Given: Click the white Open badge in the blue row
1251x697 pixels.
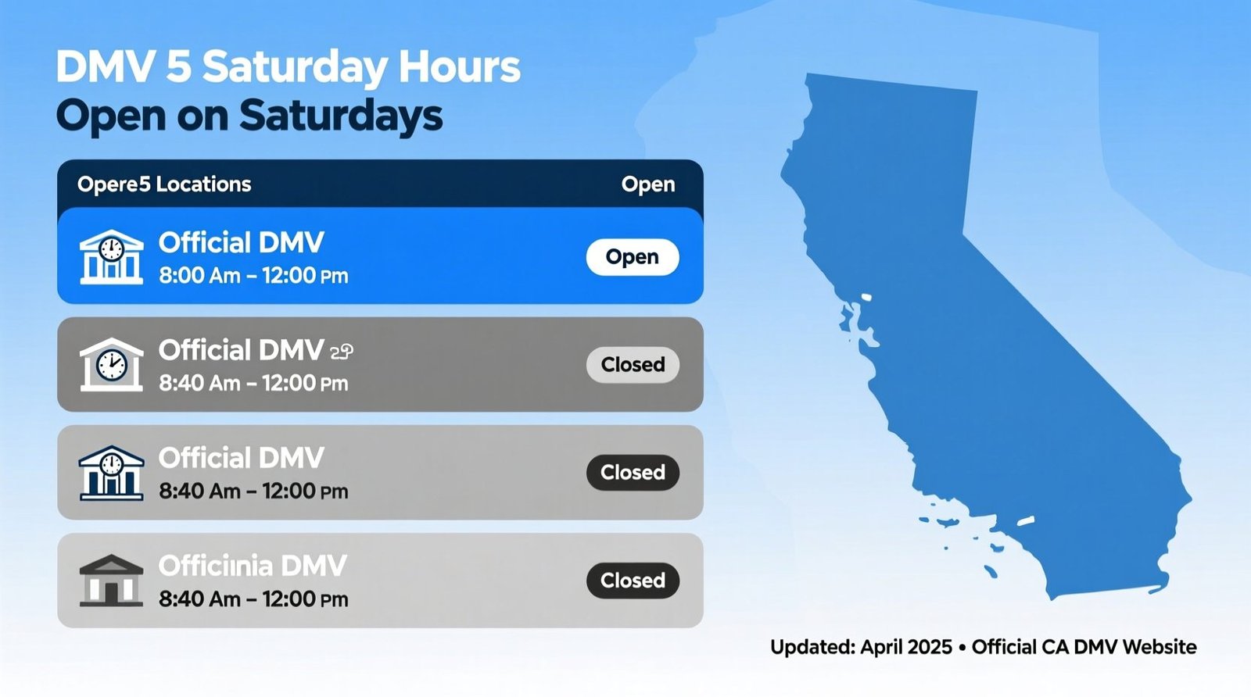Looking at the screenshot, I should click(632, 257).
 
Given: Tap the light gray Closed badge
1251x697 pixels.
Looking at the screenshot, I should click(632, 365).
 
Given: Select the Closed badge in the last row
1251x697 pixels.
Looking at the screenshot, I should click(632, 581).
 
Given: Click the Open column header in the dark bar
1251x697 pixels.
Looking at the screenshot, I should click(647, 184).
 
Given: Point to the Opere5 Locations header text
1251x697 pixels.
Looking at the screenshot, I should click(164, 184).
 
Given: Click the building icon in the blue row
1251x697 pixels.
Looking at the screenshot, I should click(111, 257).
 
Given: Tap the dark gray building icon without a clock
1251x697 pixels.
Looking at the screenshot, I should click(111, 581).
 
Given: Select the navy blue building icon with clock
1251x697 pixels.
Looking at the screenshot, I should click(111, 473).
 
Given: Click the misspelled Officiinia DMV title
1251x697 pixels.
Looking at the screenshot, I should click(252, 566).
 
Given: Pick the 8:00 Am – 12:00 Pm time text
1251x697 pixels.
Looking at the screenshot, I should click(253, 276).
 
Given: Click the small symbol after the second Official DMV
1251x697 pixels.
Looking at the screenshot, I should click(342, 352).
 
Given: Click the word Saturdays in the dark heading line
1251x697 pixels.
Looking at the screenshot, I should click(340, 116).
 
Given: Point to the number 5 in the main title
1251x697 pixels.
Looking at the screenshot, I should click(178, 66).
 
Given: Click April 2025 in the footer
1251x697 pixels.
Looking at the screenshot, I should click(905, 647).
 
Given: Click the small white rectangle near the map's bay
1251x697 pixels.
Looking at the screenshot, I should click(866, 297).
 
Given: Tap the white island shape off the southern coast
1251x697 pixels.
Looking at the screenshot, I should click(1025, 520).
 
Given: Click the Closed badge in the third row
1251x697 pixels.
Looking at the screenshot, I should click(632, 473).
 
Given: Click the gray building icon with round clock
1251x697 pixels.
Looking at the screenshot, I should click(111, 365).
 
